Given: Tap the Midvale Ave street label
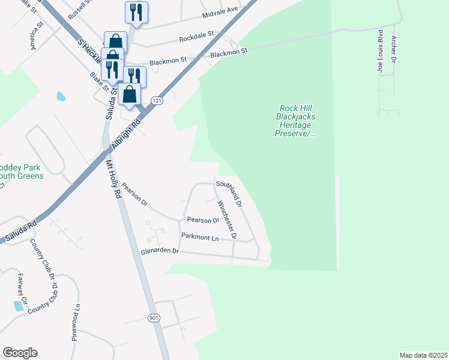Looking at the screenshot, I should point(220,10).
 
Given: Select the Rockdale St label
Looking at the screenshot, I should point(196,38).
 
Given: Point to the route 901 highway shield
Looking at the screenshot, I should point(154,317).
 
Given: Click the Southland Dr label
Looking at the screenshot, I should point(229,193).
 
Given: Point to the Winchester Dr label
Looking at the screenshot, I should point(228,220).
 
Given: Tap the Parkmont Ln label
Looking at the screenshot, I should point(200,238).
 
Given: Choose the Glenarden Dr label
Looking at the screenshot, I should point(160,251).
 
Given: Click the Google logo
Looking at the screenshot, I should point(20,353).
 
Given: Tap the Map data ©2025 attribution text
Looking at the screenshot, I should point(423,355).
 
